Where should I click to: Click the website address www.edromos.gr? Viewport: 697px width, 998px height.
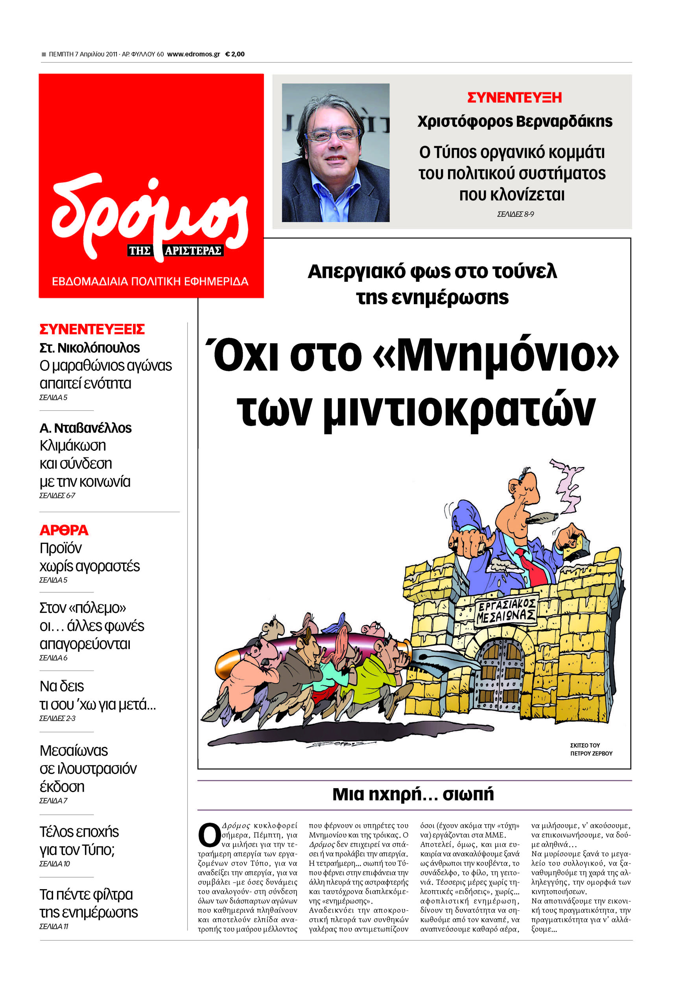click(x=193, y=54)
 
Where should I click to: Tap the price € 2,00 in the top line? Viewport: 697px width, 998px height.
click(x=234, y=54)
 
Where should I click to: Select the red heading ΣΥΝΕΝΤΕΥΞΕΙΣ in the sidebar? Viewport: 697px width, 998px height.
click(x=92, y=329)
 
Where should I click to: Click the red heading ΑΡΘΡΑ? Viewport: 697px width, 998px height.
click(x=64, y=530)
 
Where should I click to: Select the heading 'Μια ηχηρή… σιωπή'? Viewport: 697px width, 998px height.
click(x=413, y=794)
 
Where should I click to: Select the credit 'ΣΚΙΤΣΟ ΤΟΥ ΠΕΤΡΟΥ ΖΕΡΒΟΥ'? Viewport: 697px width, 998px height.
click(x=591, y=749)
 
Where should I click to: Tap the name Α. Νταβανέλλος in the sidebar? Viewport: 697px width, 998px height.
click(x=85, y=428)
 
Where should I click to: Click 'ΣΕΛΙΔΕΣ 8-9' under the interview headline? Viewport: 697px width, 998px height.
click(x=515, y=214)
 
